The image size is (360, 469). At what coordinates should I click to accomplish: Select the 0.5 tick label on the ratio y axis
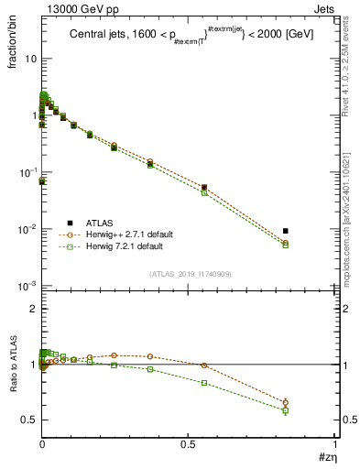28,420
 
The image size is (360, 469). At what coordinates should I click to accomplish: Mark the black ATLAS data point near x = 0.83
286,231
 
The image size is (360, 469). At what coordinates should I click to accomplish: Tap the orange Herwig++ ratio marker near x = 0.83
286,402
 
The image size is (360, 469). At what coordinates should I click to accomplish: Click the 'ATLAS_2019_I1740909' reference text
189,274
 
